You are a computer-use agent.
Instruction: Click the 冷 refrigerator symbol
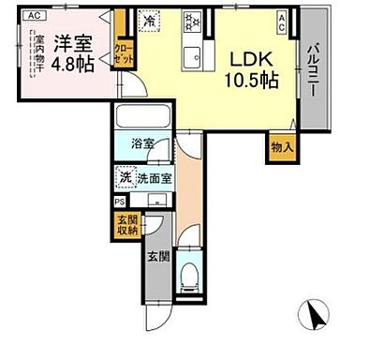pos(149,20)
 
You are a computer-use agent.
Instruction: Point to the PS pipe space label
pos(119,201)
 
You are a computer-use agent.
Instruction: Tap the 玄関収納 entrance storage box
pos(126,225)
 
